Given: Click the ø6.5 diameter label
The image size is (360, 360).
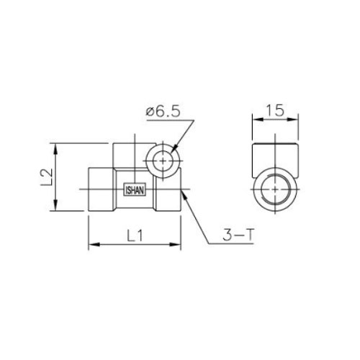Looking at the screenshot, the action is pos(163,112).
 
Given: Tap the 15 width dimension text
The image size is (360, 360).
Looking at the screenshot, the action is pos(275,110).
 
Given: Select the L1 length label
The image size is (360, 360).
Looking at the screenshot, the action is pos(135,235).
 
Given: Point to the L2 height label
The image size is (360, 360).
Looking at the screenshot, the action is pos(46,177).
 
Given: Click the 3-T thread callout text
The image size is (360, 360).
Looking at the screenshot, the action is pos(238,235).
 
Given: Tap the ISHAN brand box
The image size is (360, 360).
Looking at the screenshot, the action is pos(135,191).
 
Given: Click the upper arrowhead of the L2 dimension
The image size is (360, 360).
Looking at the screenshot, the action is pos(55,149).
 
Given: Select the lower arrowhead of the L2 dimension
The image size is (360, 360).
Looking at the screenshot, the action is pos(55,205).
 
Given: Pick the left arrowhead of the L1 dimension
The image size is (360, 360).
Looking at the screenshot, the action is pos(94,245).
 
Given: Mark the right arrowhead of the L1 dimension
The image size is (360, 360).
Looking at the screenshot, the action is pos(175,245).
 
